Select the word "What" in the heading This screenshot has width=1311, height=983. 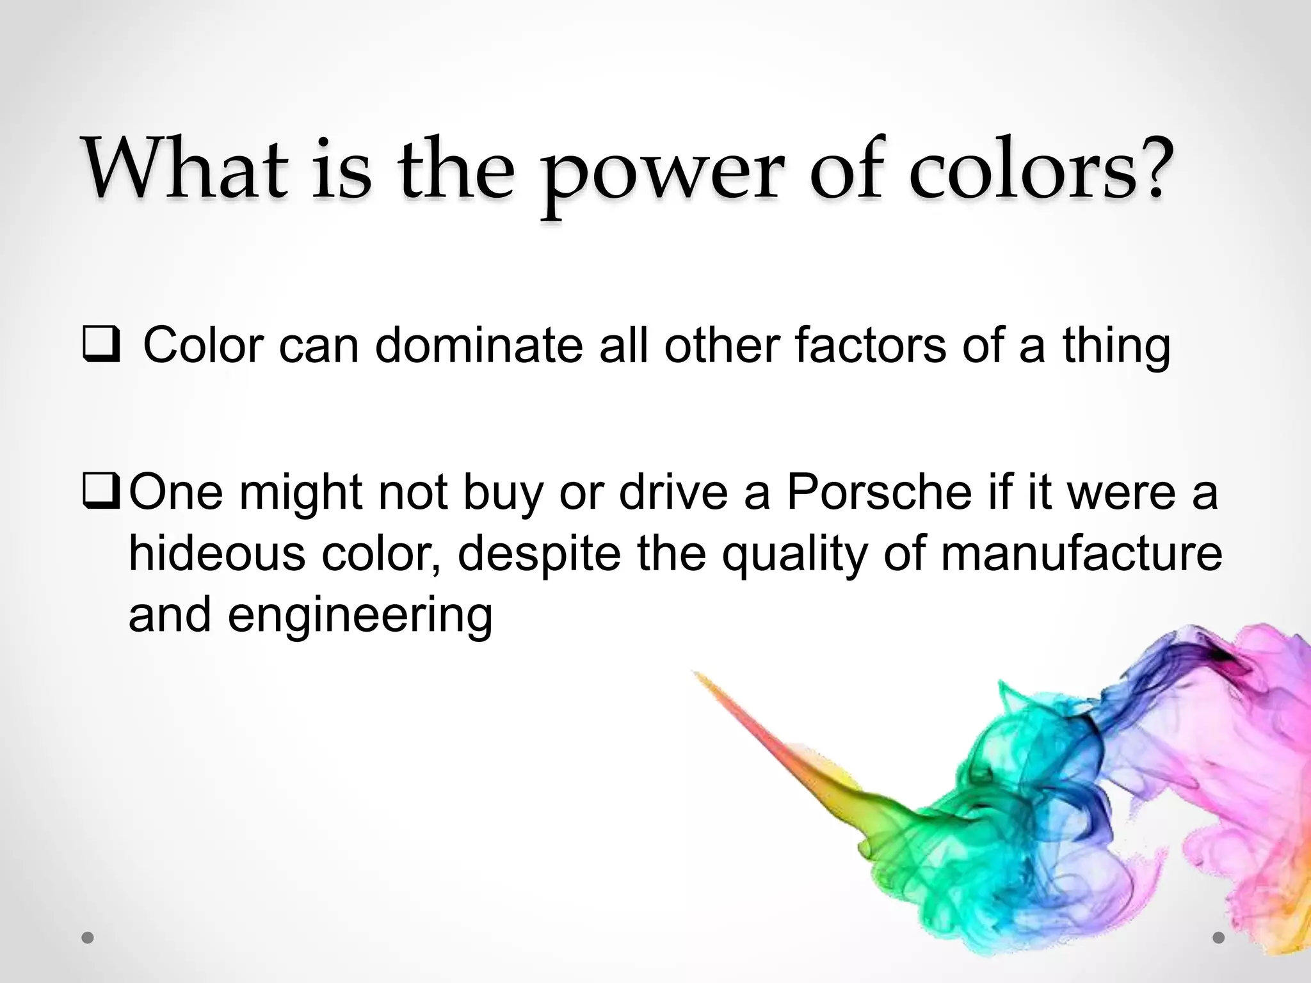click(x=186, y=170)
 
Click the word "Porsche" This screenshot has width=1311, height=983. click(x=879, y=492)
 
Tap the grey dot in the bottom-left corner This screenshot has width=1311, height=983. click(x=88, y=938)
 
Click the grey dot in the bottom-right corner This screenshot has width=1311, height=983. click(x=1218, y=938)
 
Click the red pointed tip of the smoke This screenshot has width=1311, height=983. click(x=698, y=676)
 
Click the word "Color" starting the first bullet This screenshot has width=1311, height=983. click(x=204, y=346)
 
